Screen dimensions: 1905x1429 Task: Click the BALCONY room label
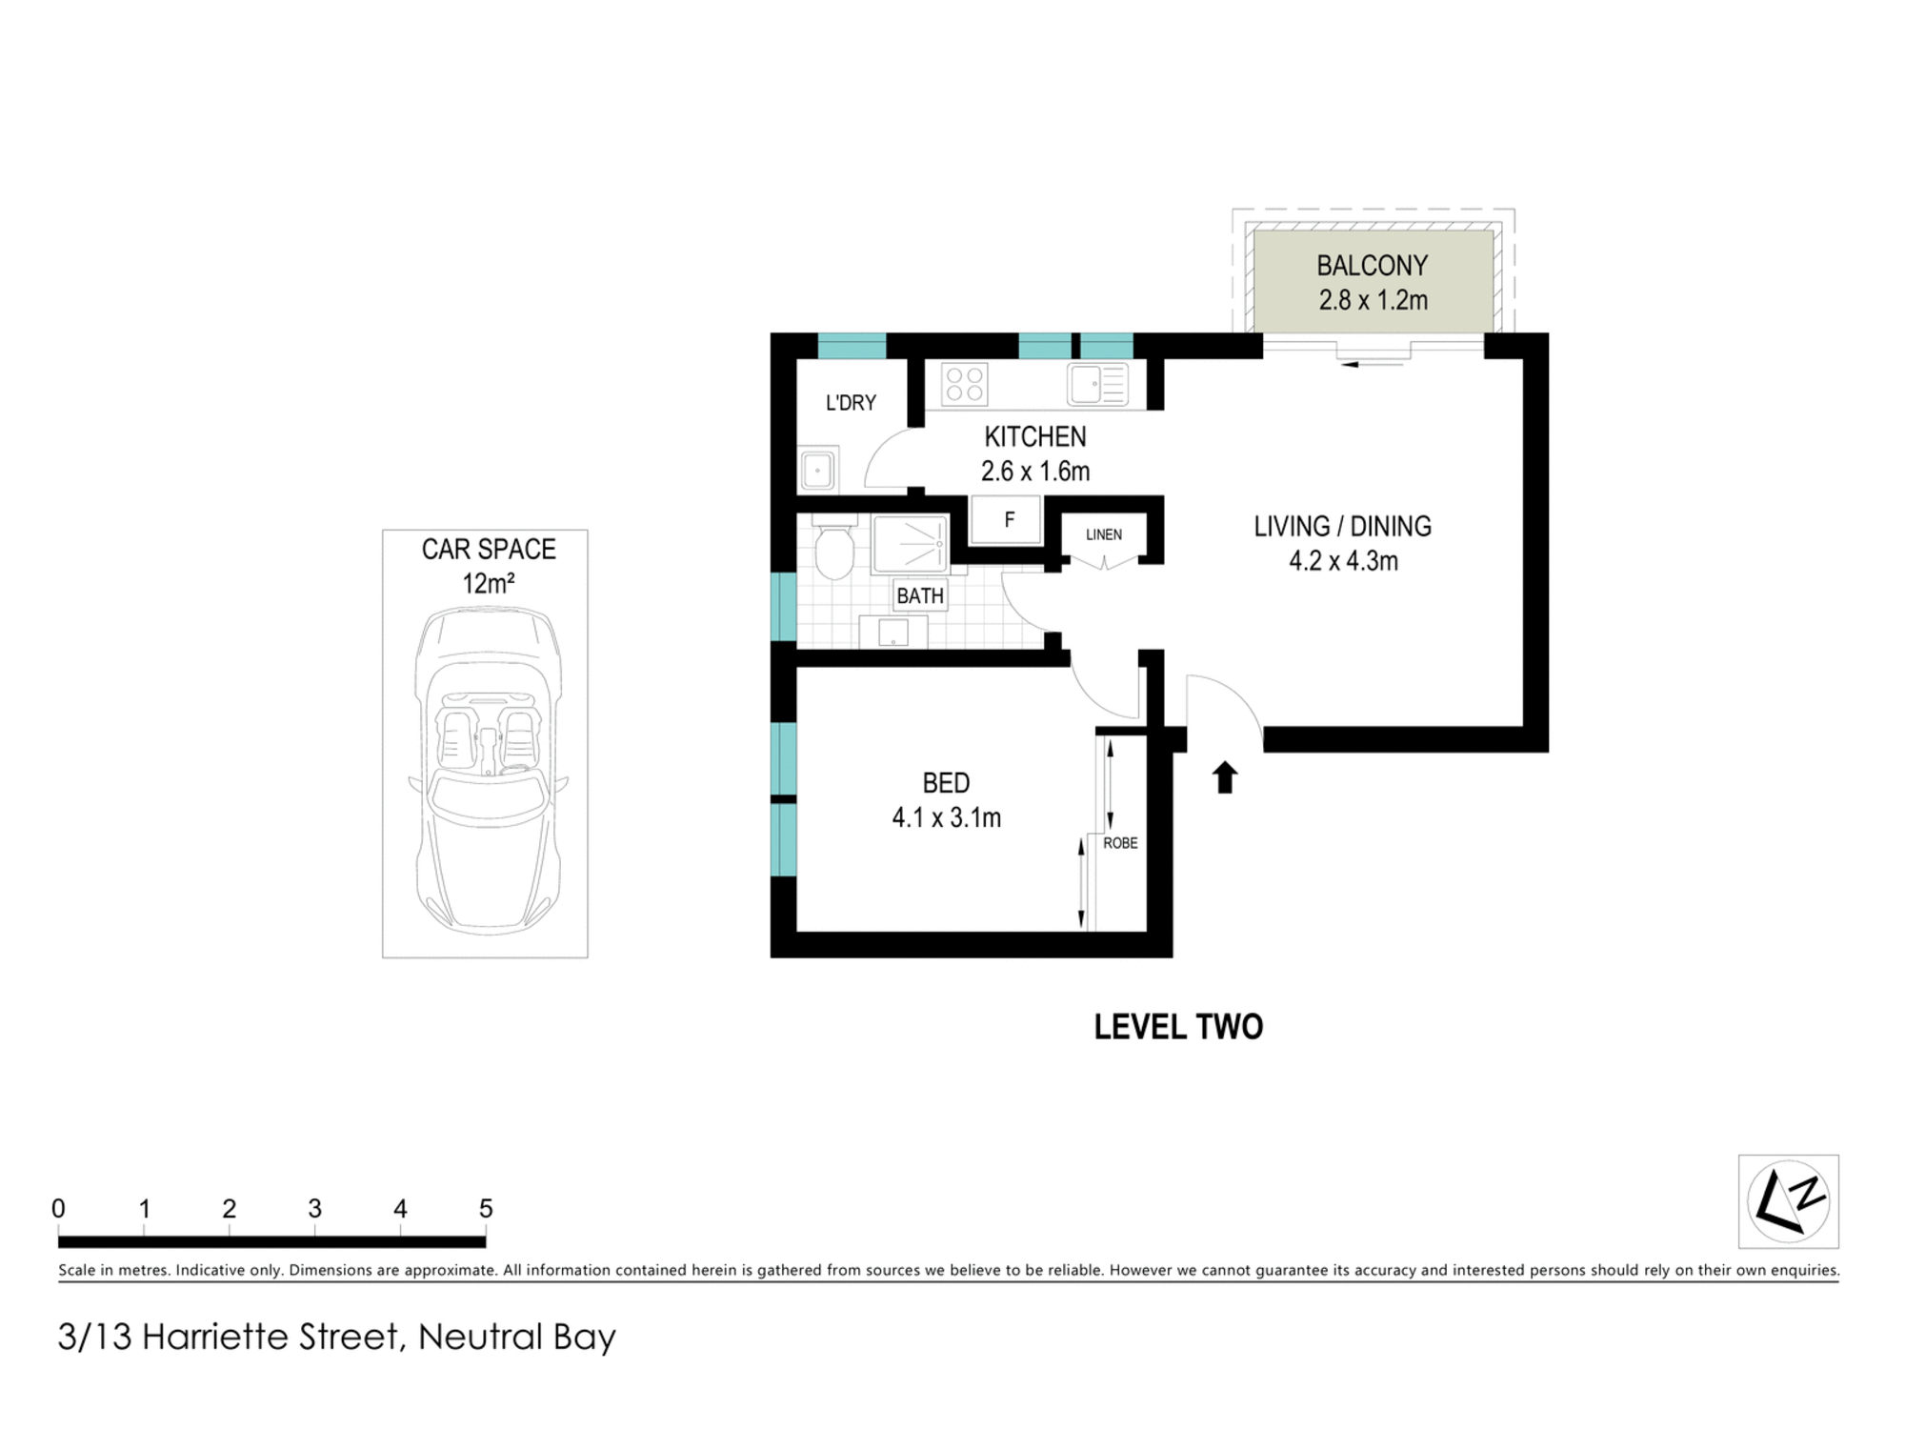tap(1373, 265)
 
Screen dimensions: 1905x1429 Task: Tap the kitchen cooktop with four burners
tap(964, 384)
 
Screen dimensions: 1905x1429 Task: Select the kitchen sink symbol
tap(1098, 385)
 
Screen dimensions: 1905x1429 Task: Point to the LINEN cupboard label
tap(1104, 534)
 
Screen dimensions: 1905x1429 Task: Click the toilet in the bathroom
tap(834, 546)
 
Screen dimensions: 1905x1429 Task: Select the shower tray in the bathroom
tap(911, 544)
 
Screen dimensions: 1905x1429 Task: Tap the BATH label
tap(920, 596)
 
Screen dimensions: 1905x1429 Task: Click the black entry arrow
tap(1224, 777)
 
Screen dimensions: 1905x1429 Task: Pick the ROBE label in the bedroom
tap(1120, 843)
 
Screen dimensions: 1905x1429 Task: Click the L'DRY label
tap(851, 403)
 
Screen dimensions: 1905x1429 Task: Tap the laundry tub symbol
tap(818, 470)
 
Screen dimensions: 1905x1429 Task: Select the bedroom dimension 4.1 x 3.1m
tap(947, 817)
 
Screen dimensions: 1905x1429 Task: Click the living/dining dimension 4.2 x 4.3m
tap(1343, 561)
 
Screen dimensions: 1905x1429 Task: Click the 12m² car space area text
tap(488, 583)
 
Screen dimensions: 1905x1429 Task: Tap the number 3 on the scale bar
tap(314, 1209)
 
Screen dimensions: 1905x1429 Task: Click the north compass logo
tap(1789, 1201)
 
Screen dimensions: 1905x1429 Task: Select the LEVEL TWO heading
tap(1178, 1027)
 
